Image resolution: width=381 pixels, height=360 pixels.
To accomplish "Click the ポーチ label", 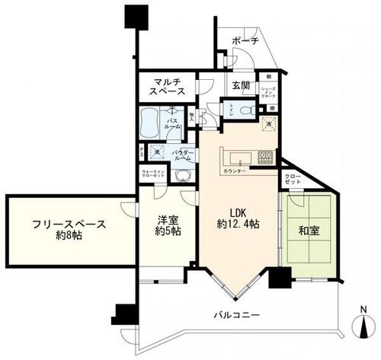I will click(x=245, y=41).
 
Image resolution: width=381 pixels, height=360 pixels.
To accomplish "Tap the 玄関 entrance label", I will click(x=240, y=85).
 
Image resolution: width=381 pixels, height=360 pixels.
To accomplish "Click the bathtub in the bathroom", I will click(x=152, y=121).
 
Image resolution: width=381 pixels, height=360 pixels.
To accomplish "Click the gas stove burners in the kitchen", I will click(x=267, y=158).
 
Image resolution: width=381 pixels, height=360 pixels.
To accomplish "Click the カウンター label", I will click(x=235, y=172).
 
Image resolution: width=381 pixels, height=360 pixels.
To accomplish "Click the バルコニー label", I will click(x=237, y=315).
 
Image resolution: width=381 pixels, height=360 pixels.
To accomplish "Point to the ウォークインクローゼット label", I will click(x=155, y=176).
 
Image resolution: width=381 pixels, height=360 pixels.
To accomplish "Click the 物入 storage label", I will click(x=190, y=116).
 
